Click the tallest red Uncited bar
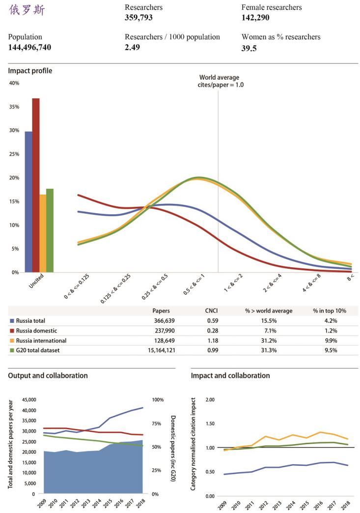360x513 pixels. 36,185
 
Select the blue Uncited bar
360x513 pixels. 28,201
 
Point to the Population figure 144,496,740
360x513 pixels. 30,47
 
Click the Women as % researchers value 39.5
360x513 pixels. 249,48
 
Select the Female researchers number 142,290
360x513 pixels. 255,18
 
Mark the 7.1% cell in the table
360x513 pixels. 268,330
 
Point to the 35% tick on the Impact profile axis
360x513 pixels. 14,107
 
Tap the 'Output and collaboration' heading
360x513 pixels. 48,375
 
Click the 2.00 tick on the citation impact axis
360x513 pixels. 211,399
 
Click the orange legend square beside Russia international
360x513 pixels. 11,340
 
